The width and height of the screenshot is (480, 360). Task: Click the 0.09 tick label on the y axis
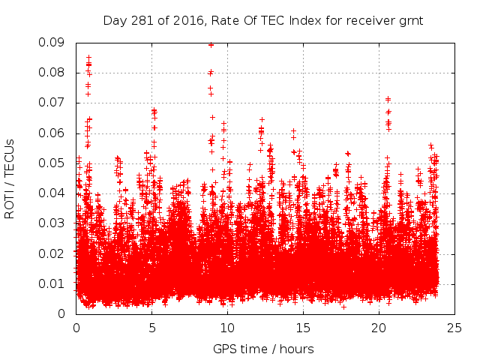point(53,43)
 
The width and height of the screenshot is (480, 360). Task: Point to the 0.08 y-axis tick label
point(53,73)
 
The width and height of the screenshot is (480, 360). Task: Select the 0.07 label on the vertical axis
point(53,103)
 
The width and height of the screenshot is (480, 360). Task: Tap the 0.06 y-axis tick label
point(53,133)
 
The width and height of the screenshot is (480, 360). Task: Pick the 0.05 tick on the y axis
point(53,163)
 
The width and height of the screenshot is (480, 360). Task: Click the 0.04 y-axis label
point(53,193)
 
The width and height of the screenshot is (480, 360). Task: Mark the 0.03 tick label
point(53,223)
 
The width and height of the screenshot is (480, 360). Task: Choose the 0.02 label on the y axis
point(53,253)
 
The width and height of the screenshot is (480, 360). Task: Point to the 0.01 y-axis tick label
point(53,283)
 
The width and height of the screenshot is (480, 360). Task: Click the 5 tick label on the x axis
point(152,328)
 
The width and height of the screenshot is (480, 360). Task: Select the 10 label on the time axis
point(227,328)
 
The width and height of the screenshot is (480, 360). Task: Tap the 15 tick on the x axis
point(303,328)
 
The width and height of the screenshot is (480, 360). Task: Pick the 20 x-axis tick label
point(379,328)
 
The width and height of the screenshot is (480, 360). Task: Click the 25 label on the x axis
point(454,328)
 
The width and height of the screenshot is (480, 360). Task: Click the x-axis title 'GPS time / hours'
point(263,349)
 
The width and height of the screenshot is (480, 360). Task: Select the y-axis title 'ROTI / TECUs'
point(10,178)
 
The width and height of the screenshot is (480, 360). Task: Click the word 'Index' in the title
point(295,20)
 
